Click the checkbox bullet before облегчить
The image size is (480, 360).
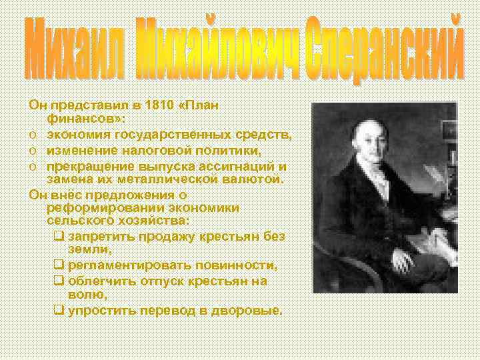point(58,281)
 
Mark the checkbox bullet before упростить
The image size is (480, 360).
point(58,311)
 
